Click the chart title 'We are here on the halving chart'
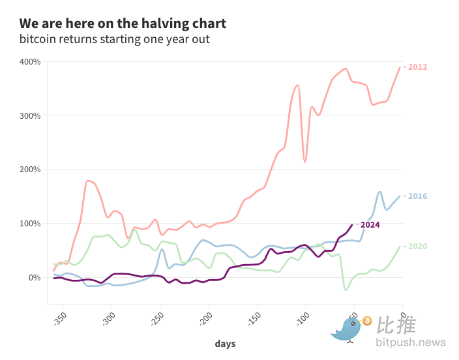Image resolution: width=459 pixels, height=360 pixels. point(123,23)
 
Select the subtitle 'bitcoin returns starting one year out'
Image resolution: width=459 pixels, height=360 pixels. point(114,40)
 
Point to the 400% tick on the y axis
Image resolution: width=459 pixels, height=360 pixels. point(30,62)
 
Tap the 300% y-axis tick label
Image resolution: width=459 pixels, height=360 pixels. point(30,116)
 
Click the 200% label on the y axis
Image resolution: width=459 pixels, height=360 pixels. point(30,170)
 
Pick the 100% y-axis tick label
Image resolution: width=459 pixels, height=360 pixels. point(30,224)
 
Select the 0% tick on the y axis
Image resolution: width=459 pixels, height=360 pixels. point(34,277)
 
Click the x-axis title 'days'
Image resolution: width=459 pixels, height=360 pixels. point(225,344)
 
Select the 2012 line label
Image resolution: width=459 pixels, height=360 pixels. point(418,67)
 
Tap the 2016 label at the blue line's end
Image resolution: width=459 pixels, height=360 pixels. point(418,196)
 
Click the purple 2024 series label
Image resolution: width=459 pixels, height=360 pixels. point(370,225)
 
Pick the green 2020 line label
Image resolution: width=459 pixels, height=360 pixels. point(418,247)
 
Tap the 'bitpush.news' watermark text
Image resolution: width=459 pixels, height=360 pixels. point(410,342)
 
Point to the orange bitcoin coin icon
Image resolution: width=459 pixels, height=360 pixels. point(366,321)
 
